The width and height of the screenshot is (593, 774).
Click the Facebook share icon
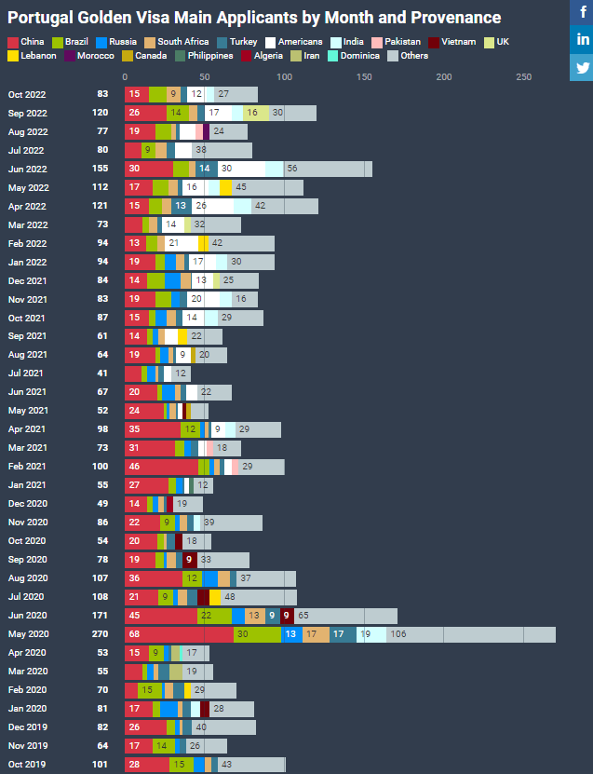[x=582, y=12]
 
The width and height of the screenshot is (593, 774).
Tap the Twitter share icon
[x=582, y=67]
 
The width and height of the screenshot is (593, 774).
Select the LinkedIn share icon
[x=582, y=39]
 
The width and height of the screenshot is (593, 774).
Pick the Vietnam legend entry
[x=458, y=42]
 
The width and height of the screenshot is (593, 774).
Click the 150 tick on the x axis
[x=364, y=76]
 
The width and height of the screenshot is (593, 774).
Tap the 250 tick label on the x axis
[x=524, y=76]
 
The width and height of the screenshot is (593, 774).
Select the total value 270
[x=102, y=634]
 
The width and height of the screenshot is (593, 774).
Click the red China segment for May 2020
[x=179, y=634]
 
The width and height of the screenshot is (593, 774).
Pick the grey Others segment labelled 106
[x=471, y=634]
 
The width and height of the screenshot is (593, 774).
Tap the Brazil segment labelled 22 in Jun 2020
[x=214, y=616]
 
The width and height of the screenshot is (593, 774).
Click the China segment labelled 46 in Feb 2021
[x=161, y=467]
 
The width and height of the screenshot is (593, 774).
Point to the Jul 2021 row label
[x=26, y=373]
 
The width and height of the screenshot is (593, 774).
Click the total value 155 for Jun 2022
[x=102, y=169]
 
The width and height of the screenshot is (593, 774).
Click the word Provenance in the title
[x=447, y=18]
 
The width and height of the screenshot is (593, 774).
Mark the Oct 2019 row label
[x=26, y=765]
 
